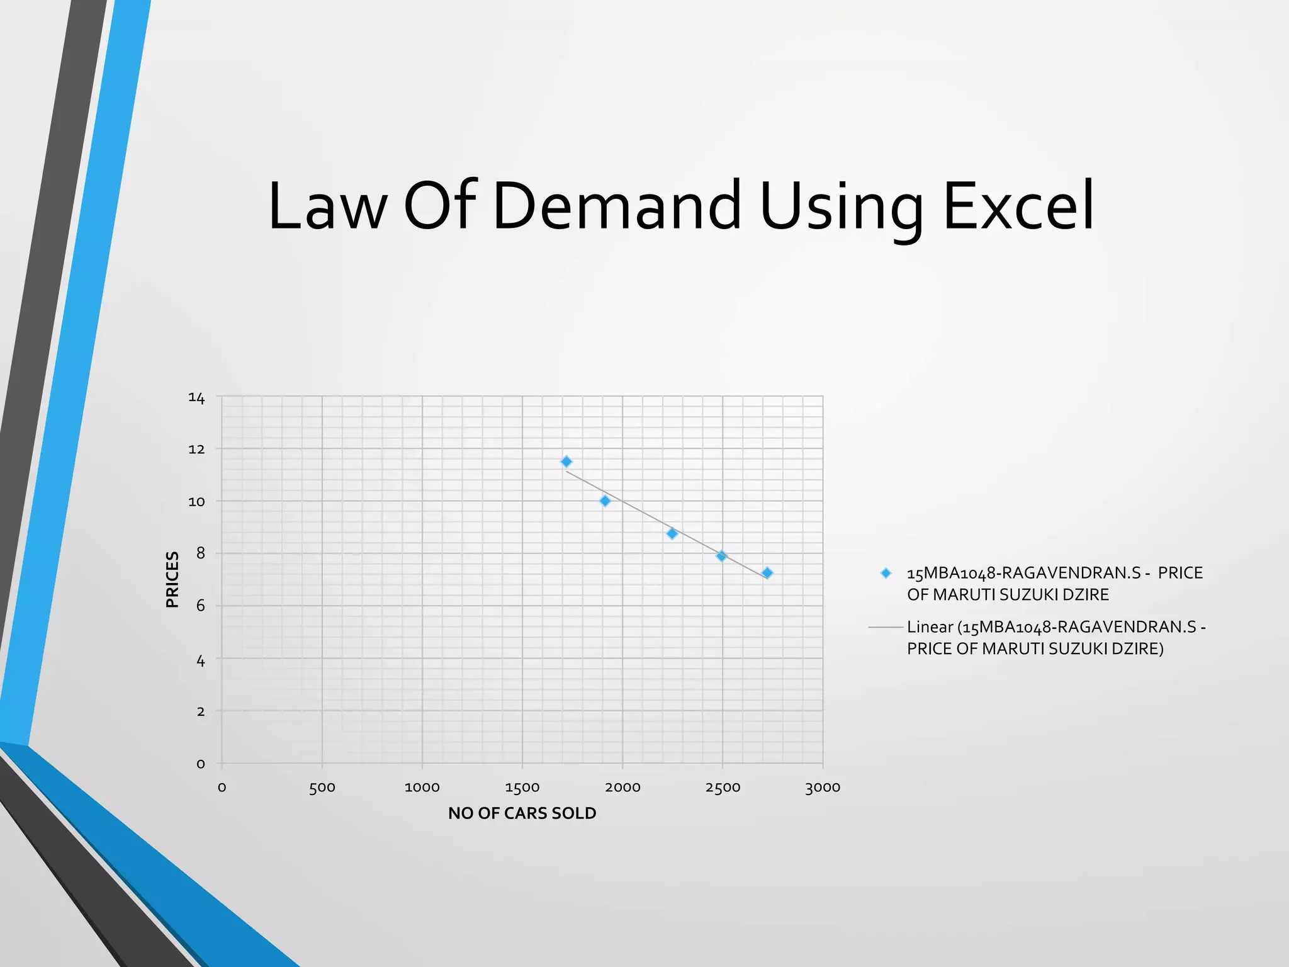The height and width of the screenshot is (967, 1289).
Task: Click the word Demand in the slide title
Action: tap(617, 206)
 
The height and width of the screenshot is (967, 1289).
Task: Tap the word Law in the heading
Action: tap(327, 206)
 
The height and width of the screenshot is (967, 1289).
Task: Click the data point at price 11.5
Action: tap(566, 461)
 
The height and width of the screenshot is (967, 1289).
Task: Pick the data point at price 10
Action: tap(605, 501)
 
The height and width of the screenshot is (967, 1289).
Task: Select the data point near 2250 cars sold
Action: tap(672, 534)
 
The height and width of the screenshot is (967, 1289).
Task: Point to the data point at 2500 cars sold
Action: tap(722, 556)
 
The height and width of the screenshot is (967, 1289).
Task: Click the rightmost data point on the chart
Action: tap(767, 573)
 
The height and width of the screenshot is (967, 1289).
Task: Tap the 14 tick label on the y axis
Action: tap(196, 398)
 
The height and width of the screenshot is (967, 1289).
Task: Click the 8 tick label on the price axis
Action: tap(201, 554)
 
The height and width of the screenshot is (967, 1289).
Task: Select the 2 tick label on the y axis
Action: tap(201, 711)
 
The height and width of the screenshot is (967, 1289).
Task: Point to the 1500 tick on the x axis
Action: tap(522, 788)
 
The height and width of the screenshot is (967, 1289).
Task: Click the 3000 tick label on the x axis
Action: tap(823, 788)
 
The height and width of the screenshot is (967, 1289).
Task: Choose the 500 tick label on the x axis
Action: tap(322, 788)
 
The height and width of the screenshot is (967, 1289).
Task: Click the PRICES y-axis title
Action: tap(172, 579)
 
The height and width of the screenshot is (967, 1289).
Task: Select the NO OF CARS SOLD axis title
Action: tap(522, 813)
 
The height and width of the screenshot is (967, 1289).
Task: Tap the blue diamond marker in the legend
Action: tap(886, 574)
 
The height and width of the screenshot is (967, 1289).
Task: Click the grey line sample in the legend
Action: tap(886, 628)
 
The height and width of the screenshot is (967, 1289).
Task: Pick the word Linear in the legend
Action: tap(930, 628)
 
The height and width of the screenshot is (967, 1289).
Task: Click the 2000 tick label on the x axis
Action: tap(622, 788)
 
